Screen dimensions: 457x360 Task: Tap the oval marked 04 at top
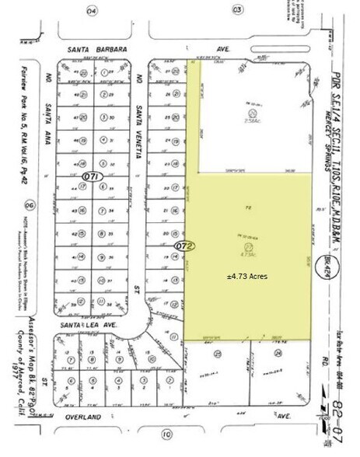(92, 10)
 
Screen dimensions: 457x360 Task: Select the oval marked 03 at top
(237, 10)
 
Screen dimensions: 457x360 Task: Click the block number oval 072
(184, 246)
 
